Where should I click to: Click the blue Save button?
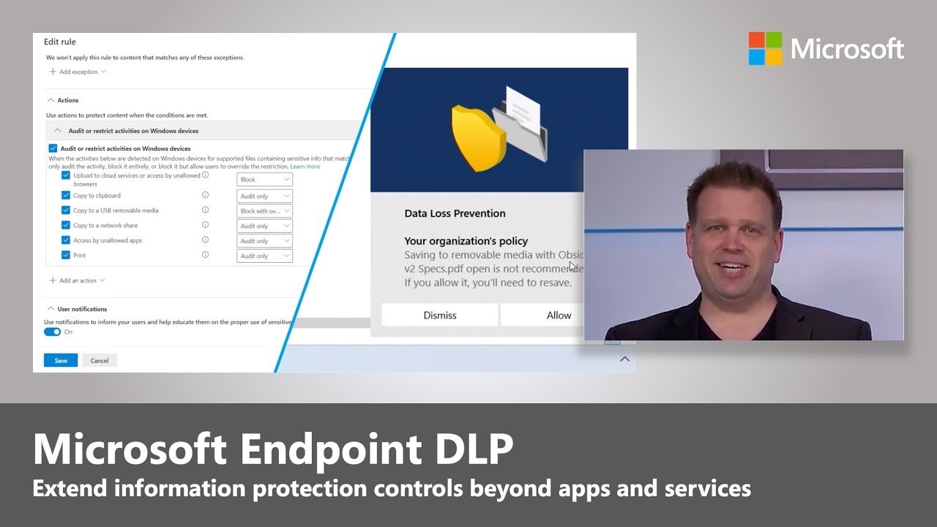pyautogui.click(x=60, y=360)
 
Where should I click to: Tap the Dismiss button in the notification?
pyautogui.click(x=439, y=315)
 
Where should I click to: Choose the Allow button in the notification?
pyautogui.click(x=558, y=315)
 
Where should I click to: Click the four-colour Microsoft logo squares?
pyautogui.click(x=765, y=48)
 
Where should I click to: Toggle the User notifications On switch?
pyautogui.click(x=52, y=332)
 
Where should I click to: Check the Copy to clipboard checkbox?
pyautogui.click(x=66, y=195)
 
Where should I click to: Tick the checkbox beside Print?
pyautogui.click(x=66, y=255)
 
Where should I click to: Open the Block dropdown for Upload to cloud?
pyautogui.click(x=264, y=179)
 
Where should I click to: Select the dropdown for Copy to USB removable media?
pyautogui.click(x=264, y=211)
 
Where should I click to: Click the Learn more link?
pyautogui.click(x=305, y=166)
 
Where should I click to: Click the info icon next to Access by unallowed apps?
pyautogui.click(x=205, y=240)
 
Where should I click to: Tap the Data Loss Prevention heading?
pyautogui.click(x=455, y=214)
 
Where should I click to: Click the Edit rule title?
pyautogui.click(x=59, y=42)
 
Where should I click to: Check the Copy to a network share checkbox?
pyautogui.click(x=66, y=225)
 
